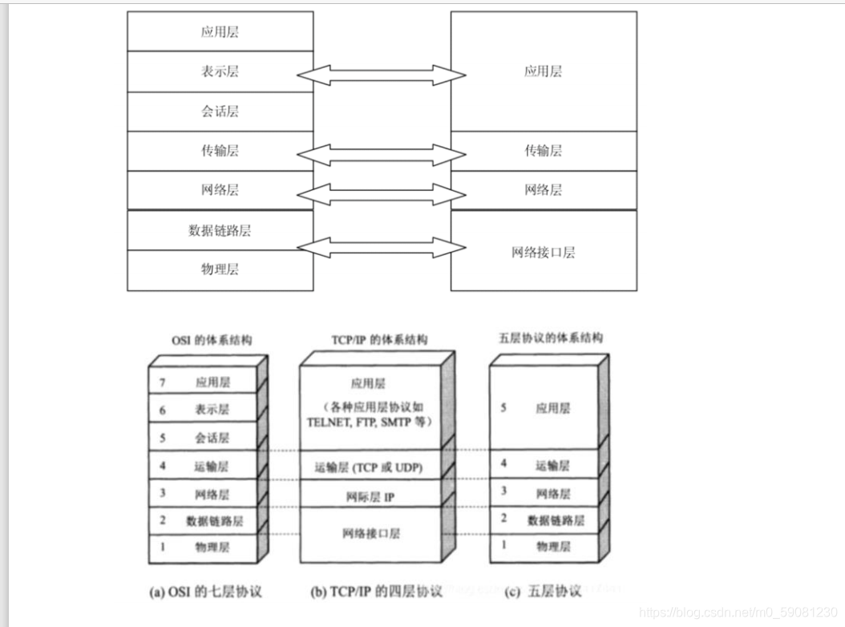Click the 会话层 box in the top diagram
pos(220,111)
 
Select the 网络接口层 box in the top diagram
pos(544,252)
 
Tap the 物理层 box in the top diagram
pos(220,270)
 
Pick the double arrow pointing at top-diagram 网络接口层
pos(382,247)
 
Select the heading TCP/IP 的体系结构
pos(379,340)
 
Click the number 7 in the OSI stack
pos(163,383)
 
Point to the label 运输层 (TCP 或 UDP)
pos(368,467)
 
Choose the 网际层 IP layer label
pos(370,497)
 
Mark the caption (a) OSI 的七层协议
pos(206,593)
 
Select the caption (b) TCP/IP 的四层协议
pos(376,593)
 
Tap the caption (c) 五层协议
pos(543,593)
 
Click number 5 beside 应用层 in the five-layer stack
pos(503,408)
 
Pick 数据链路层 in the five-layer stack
pos(556,520)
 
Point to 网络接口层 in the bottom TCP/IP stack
pos(370,534)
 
